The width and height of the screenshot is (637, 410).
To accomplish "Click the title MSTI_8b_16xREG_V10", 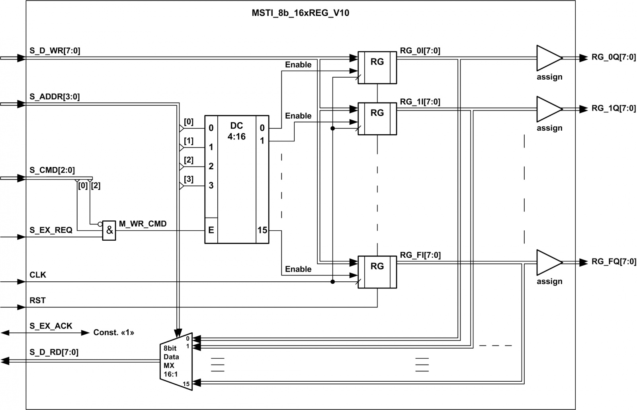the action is tap(300, 13).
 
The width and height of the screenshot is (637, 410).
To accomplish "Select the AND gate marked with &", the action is tap(109, 230).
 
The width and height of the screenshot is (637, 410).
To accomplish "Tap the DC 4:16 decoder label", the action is tap(236, 131).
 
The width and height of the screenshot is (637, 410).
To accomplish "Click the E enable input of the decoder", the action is tap(211, 230).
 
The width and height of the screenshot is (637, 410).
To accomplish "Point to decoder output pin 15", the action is tap(262, 230).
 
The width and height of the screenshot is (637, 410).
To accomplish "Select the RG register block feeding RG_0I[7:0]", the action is tap(377, 68).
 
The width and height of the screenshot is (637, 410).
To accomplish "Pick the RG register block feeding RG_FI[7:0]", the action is tap(377, 272).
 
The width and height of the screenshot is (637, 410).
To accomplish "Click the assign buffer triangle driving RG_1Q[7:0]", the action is tap(549, 109).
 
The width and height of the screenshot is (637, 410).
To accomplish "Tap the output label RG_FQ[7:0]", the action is tap(614, 261).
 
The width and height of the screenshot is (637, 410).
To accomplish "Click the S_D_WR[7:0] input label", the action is tap(55, 51).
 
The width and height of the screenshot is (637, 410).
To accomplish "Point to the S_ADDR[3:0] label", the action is tap(55, 97).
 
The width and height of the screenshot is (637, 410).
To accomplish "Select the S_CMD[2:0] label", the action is tap(52, 170).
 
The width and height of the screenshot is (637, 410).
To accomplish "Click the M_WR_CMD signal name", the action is tap(143, 224).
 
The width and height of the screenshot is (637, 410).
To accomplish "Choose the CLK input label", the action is tap(38, 275).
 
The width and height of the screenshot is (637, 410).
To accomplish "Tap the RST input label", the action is tap(37, 300).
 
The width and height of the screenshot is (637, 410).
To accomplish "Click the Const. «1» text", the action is tap(114, 333).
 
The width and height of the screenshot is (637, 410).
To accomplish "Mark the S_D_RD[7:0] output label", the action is tap(54, 352).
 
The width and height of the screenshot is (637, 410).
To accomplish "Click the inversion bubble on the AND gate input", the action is tap(100, 224).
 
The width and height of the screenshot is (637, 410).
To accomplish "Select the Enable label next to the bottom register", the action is tap(298, 269).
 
